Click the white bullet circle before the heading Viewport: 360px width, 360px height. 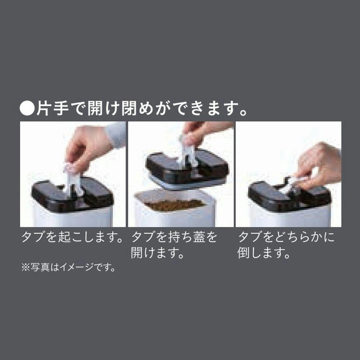(x=27, y=109)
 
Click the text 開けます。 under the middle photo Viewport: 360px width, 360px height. (x=158, y=253)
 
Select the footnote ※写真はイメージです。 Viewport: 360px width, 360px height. (x=68, y=267)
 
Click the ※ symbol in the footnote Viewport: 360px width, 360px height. (x=26, y=267)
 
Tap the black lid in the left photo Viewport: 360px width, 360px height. (x=72, y=195)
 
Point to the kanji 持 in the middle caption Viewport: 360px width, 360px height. (x=175, y=237)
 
